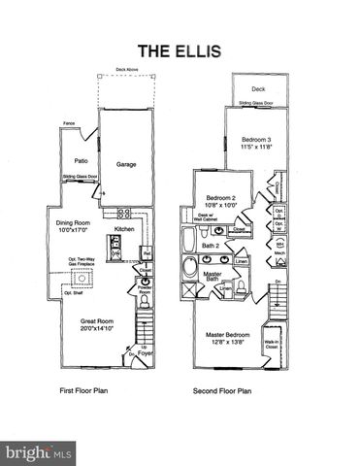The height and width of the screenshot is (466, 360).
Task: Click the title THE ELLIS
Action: pyautogui.click(x=180, y=50)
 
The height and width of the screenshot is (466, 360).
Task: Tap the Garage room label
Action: pyautogui.click(x=126, y=165)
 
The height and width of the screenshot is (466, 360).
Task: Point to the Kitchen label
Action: pyautogui.click(x=124, y=229)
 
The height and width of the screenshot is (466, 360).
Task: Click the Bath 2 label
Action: pyautogui.click(x=210, y=247)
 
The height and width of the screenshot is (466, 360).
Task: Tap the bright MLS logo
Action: pyautogui.click(x=40, y=452)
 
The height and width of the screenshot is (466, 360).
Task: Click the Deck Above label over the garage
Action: pyautogui.click(x=127, y=70)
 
